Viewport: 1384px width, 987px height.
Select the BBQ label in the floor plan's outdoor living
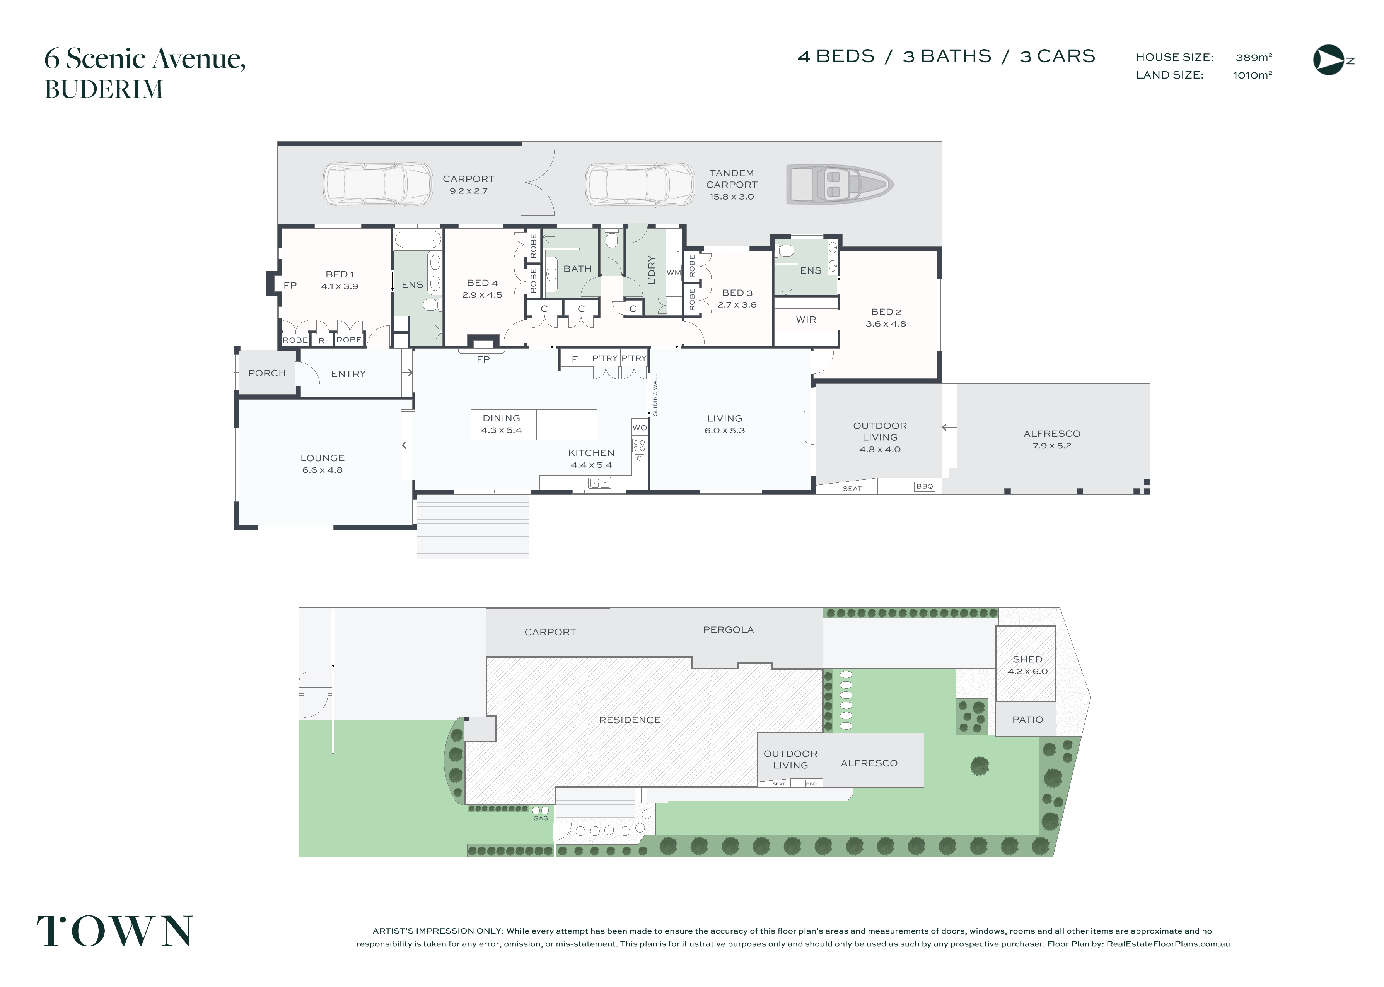point(924,487)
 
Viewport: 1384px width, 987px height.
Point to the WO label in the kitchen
point(640,428)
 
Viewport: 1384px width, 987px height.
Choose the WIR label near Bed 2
point(806,320)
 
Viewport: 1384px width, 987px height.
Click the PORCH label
point(266,373)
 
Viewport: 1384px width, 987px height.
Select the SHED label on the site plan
point(1027,659)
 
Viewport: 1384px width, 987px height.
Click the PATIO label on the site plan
point(1027,720)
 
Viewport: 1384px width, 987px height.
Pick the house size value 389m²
point(1253,57)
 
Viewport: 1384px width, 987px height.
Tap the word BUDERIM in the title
point(104,89)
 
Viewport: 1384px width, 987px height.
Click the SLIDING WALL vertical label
point(655,394)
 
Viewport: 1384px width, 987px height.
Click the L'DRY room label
point(652,270)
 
